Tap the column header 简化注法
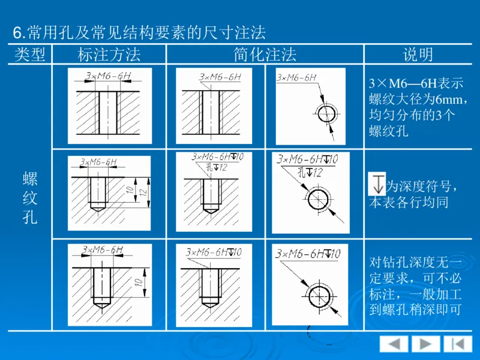pos(265,55)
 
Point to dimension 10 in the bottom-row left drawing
pos(139,281)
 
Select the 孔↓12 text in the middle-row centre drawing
pos(215,168)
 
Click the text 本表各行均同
pos(409,202)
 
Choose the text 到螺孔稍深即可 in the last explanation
pos(415,310)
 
